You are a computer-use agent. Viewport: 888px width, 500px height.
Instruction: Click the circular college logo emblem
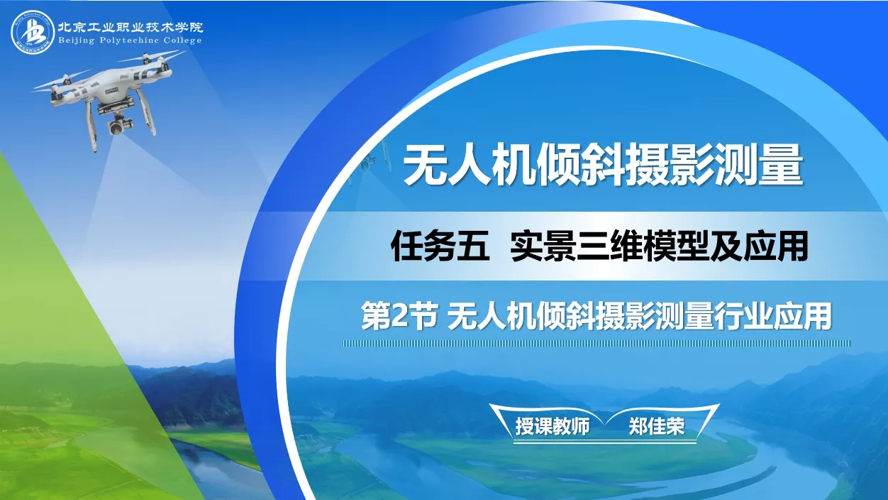33,32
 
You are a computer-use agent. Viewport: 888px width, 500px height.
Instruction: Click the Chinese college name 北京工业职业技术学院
131,27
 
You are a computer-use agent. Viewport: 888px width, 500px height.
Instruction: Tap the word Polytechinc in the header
129,40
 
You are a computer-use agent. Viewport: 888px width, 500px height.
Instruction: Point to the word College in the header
182,40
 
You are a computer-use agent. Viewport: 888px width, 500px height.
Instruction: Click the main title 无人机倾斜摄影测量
603,165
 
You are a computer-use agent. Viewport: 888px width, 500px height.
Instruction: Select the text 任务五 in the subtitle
440,246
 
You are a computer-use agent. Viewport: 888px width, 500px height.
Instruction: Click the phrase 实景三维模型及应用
659,246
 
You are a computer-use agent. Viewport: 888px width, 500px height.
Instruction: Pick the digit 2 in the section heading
399,316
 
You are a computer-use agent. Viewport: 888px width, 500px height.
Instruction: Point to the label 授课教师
553,426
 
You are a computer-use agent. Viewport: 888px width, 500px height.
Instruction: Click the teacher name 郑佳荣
657,426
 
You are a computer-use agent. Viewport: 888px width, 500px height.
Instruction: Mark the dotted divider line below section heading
596,343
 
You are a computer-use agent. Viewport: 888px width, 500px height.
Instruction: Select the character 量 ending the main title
782,165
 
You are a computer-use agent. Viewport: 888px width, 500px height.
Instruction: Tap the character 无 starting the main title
425,165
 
